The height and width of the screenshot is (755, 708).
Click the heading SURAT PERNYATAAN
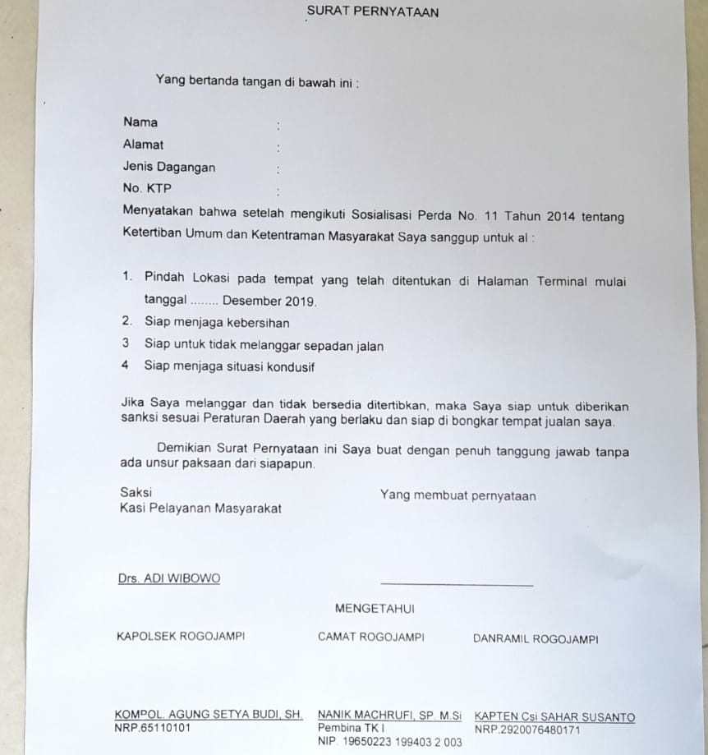372,12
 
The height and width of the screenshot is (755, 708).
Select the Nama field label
140,122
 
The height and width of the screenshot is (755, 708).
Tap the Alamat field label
143,145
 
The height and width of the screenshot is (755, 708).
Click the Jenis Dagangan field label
169,167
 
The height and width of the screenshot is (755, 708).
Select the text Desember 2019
269,302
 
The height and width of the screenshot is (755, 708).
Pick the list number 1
126,278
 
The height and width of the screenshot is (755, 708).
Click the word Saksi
136,493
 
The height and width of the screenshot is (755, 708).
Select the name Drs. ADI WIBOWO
169,578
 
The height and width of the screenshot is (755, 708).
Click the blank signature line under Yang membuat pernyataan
457,585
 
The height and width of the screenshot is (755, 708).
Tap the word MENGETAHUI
375,609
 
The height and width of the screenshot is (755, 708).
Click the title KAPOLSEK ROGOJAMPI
181,637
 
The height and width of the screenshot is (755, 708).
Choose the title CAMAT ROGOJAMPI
371,638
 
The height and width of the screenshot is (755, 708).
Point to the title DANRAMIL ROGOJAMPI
536,639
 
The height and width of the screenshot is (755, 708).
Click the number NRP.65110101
153,728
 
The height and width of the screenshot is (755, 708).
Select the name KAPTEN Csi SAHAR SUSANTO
555,717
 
